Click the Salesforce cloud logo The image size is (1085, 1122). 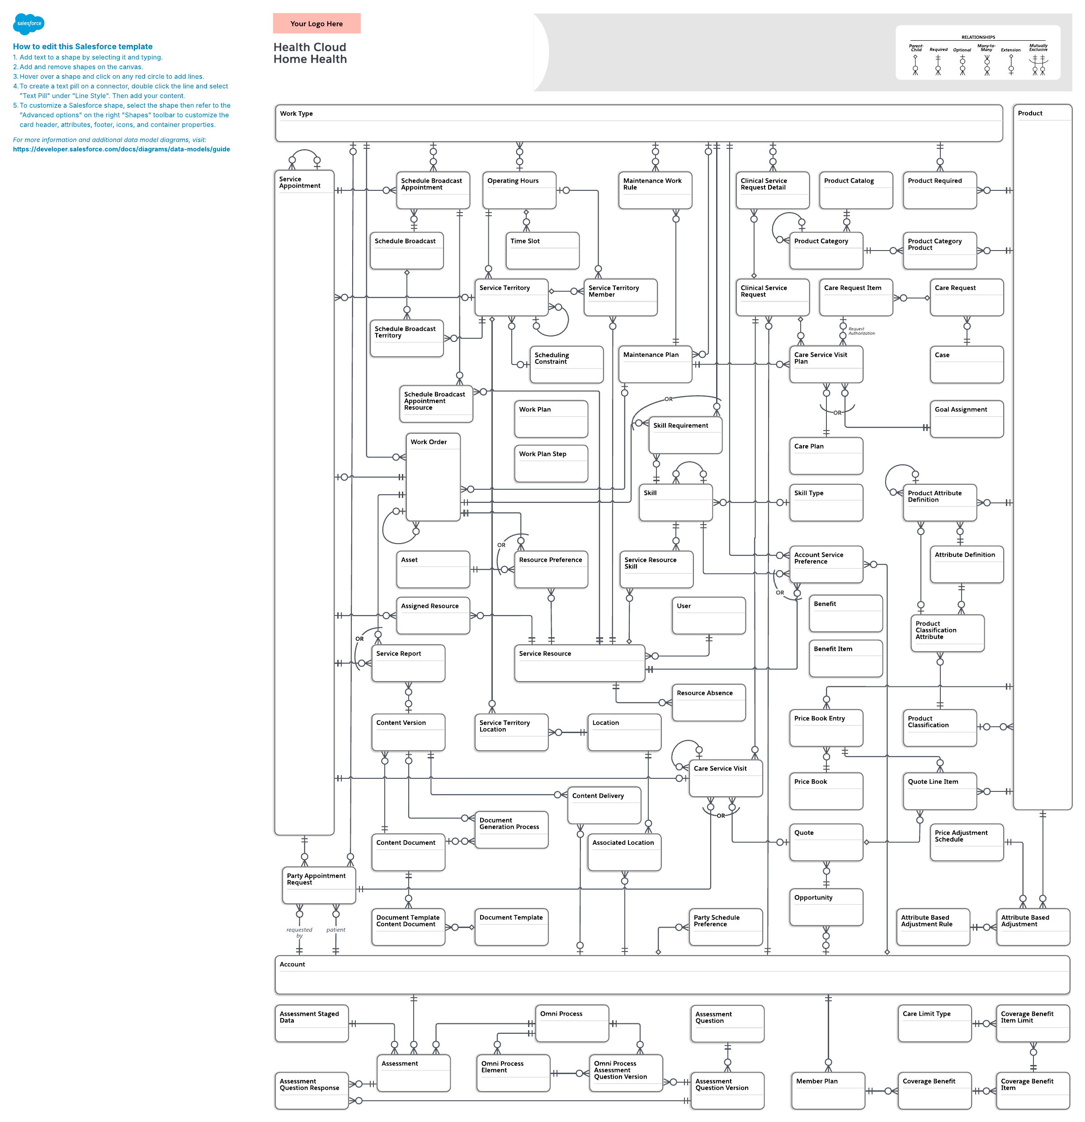click(x=28, y=24)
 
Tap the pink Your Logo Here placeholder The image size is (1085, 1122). click(x=316, y=24)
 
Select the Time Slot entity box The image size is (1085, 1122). click(x=542, y=250)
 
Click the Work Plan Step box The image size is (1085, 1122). click(x=551, y=463)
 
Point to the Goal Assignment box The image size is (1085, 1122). click(x=966, y=418)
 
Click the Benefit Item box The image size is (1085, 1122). click(x=845, y=658)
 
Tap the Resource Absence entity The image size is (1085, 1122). click(x=708, y=702)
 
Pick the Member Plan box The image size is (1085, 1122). click(x=827, y=1090)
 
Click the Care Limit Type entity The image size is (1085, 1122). click(x=934, y=1023)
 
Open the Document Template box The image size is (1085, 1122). click(x=511, y=926)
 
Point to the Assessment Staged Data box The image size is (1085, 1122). click(x=311, y=1023)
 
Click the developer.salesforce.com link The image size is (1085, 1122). click(x=121, y=149)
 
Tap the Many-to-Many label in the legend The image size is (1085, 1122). click(x=986, y=47)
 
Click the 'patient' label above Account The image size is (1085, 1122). click(x=336, y=930)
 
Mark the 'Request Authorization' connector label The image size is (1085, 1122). click(x=861, y=331)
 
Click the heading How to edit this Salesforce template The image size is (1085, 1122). click(x=83, y=47)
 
